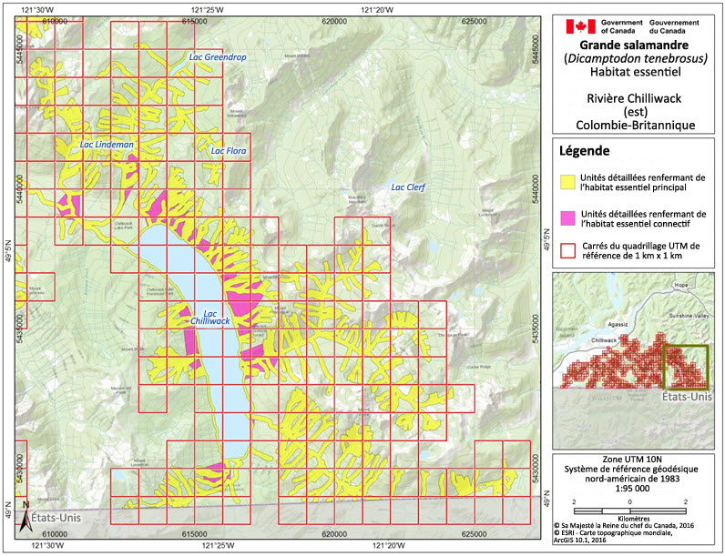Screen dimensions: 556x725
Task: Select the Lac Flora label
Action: coord(229,151)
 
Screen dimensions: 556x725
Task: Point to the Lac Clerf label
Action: coord(408,188)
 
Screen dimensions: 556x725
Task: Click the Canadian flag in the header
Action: coord(580,25)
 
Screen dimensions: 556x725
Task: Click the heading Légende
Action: coord(584,151)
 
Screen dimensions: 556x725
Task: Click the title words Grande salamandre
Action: coord(636,44)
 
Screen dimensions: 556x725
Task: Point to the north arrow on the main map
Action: coord(26,503)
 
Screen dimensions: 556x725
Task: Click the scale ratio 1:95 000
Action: coord(636,488)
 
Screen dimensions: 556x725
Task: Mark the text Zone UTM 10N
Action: coord(636,460)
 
